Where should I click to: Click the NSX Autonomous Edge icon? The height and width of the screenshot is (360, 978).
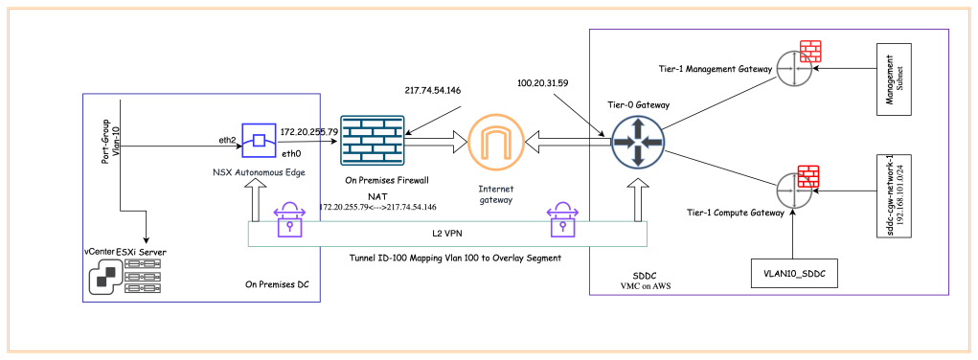tap(259, 140)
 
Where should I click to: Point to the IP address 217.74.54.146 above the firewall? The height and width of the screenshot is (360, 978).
tap(433, 89)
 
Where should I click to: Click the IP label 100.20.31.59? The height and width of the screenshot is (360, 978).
tap(542, 83)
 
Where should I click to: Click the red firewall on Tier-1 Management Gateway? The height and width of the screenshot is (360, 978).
tap(811, 52)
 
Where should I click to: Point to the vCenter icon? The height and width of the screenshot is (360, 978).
tap(103, 278)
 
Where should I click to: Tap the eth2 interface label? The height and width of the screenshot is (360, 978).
tap(227, 139)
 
